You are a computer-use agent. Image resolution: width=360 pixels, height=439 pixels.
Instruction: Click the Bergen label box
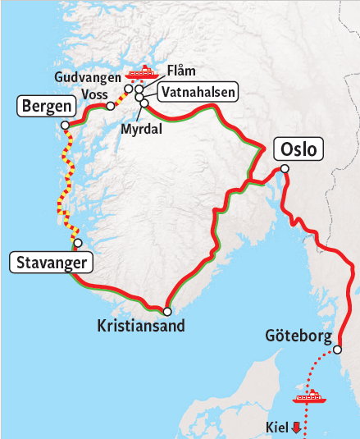(46, 106)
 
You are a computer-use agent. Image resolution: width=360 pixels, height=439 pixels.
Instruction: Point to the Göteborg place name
(298, 336)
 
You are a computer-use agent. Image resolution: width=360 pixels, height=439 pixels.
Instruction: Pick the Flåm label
(180, 71)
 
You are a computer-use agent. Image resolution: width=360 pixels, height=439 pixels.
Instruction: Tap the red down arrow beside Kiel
(296, 428)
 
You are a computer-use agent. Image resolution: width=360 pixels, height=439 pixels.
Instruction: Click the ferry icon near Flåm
(145, 72)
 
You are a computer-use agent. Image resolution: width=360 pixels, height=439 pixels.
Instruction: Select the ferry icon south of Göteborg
(310, 399)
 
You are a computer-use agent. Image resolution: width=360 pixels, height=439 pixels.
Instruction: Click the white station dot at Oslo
(284, 169)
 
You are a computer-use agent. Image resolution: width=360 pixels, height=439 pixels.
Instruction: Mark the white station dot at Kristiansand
(167, 311)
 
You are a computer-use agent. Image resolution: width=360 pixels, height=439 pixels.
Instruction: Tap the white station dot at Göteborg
(336, 350)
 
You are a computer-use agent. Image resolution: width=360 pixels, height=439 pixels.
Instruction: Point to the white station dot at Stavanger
(78, 243)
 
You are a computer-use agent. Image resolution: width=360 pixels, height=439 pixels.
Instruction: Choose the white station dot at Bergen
(66, 126)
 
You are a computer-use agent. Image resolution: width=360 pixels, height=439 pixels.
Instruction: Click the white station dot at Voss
(110, 105)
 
